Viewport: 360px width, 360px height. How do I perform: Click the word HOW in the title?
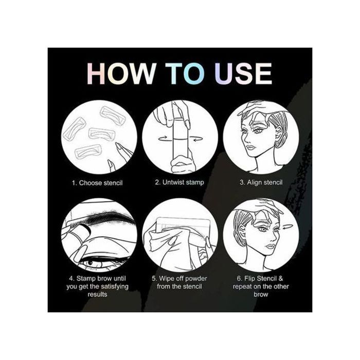tap(121, 74)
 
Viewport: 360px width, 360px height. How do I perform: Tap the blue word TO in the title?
tap(185, 74)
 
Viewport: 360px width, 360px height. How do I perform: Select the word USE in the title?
tap(244, 74)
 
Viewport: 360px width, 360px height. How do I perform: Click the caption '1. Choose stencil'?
tap(97, 183)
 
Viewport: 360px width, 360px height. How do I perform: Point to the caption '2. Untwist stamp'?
tap(179, 182)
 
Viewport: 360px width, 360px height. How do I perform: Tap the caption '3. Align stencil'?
tap(261, 182)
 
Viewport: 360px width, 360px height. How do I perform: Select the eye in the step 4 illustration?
tap(92, 264)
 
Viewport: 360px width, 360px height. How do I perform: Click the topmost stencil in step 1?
tap(113, 116)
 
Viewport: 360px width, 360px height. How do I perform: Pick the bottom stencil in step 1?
tap(88, 152)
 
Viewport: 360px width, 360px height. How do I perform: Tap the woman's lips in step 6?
tap(271, 247)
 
